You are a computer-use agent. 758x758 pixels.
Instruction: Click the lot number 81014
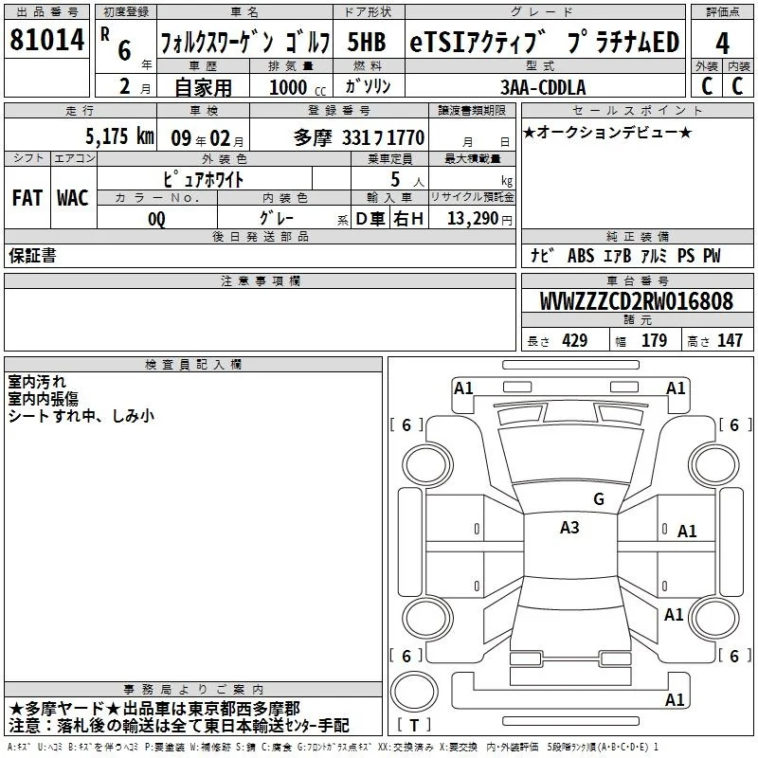[46, 40]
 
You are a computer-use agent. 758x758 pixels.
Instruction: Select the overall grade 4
[722, 44]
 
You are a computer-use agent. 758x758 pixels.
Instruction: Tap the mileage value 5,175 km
[120, 135]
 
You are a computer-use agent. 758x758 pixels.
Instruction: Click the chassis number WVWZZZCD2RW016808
[636, 301]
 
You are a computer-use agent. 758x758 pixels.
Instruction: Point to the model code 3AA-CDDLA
[543, 87]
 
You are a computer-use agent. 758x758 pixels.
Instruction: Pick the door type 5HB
[367, 42]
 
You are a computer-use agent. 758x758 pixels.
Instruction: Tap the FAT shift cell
[27, 198]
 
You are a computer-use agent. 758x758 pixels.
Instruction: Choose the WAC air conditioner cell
[73, 198]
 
